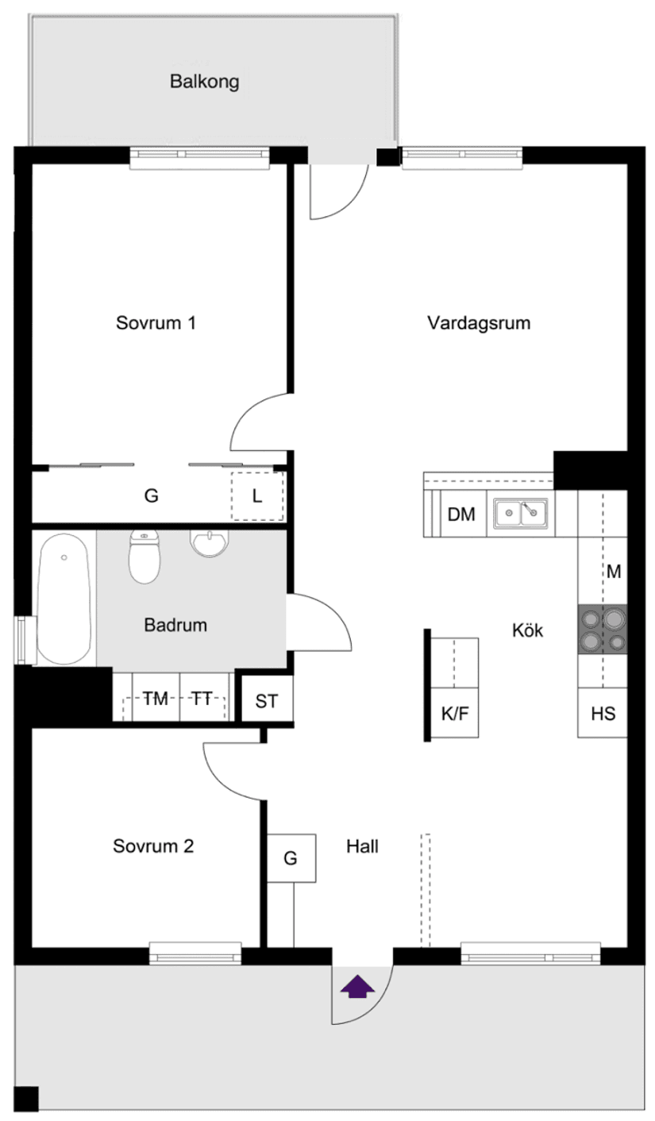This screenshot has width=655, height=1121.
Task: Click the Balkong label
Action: point(204,82)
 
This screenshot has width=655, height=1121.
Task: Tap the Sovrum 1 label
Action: point(156,323)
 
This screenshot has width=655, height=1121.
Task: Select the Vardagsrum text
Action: point(478,323)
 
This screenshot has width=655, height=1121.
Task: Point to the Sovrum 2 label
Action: point(153,846)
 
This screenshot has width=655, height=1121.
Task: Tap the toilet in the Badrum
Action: point(144,556)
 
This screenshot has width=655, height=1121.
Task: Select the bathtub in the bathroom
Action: point(64,598)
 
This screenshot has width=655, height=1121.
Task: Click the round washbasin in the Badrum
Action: point(210,543)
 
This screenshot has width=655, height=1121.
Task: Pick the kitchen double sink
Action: point(521,514)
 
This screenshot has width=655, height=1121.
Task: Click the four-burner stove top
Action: point(602,630)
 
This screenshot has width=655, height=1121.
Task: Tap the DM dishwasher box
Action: point(461,514)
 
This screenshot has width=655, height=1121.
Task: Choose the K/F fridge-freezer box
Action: point(455,712)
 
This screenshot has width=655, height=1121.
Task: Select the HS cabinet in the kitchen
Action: point(603,712)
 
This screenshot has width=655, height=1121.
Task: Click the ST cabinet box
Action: point(267,701)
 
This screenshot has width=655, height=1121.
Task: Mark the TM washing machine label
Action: point(156,699)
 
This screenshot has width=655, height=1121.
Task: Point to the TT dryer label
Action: point(202,699)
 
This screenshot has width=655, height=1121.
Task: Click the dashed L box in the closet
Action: point(256,496)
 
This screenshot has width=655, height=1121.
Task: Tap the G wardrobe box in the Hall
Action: point(291,857)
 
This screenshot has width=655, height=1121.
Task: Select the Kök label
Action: point(526,630)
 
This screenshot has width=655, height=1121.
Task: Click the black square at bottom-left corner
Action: point(27,1098)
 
